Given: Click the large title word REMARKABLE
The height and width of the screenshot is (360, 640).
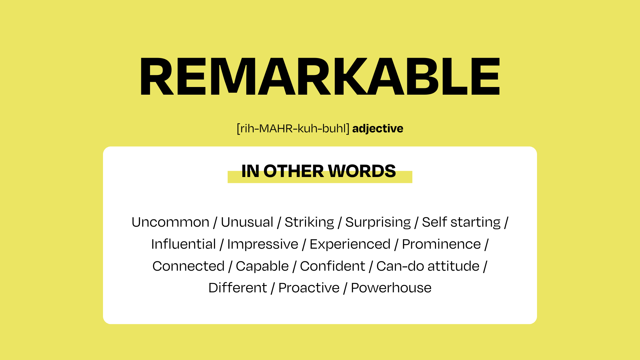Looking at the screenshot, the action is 320,76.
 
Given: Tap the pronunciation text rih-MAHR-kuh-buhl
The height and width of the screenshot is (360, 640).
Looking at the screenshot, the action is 293,129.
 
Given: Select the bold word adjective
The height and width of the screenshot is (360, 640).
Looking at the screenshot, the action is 378,129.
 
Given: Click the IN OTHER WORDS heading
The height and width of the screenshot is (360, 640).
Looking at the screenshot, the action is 319,171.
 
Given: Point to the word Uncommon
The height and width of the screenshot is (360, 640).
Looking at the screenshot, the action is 170,222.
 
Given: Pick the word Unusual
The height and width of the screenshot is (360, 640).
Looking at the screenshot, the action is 247,222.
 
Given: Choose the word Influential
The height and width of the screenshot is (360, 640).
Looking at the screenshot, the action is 184,244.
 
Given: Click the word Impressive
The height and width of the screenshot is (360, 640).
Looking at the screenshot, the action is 263,244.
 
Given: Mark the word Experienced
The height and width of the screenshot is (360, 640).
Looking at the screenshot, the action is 350,244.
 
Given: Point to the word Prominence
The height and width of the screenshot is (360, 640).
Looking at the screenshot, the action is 441,244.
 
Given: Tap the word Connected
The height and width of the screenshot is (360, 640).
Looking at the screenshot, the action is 188,266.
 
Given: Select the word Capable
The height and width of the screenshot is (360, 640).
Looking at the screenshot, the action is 262,266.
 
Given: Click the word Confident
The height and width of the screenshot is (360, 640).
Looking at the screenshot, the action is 333,266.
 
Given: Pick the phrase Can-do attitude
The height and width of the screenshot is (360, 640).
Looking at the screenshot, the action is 428,266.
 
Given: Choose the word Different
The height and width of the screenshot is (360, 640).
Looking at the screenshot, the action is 238,288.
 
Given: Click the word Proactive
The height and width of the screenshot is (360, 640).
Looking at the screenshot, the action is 309,288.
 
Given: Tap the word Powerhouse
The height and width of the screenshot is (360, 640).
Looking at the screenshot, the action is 391,288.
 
